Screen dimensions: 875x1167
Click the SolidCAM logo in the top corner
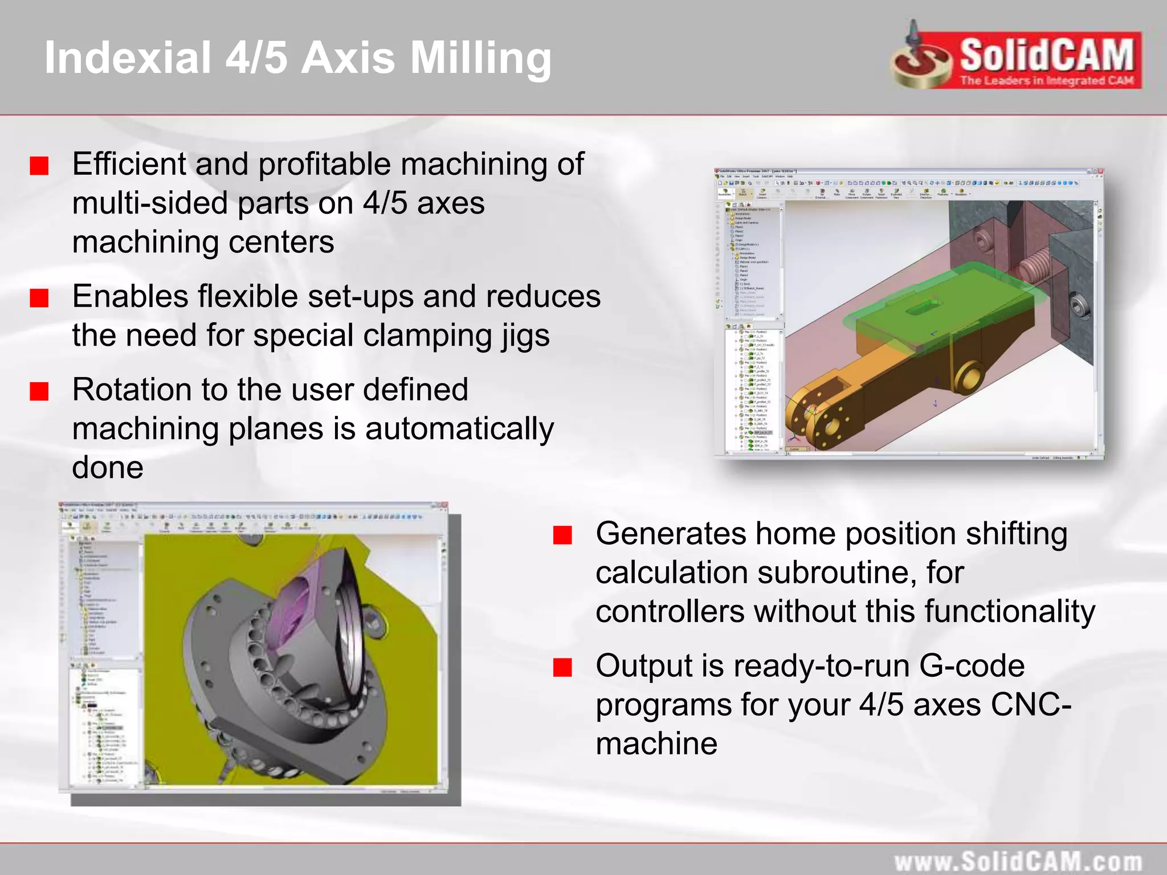pyautogui.click(x=1017, y=57)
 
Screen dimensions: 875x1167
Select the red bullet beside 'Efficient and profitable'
pyautogui.click(x=39, y=166)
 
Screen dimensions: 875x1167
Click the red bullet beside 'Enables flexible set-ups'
pyautogui.click(x=39, y=297)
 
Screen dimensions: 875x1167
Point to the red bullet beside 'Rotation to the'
pyautogui.click(x=39, y=391)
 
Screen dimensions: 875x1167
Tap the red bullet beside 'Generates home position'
pyautogui.click(x=562, y=535)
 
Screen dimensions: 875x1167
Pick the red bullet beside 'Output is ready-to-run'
pyautogui.click(x=562, y=667)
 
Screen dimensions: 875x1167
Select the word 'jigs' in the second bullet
pyautogui.click(x=526, y=335)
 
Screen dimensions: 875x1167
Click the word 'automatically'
pyautogui.click(x=459, y=428)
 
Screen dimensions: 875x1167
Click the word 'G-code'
pyautogui.click(x=972, y=666)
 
